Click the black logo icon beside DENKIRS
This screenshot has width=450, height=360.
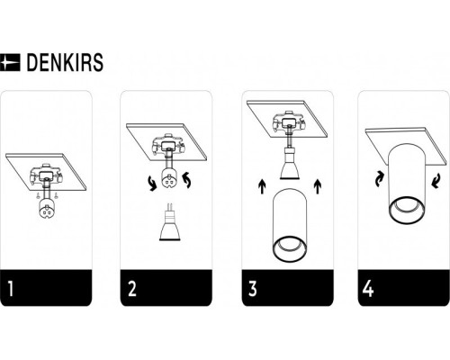tap(12, 63)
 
